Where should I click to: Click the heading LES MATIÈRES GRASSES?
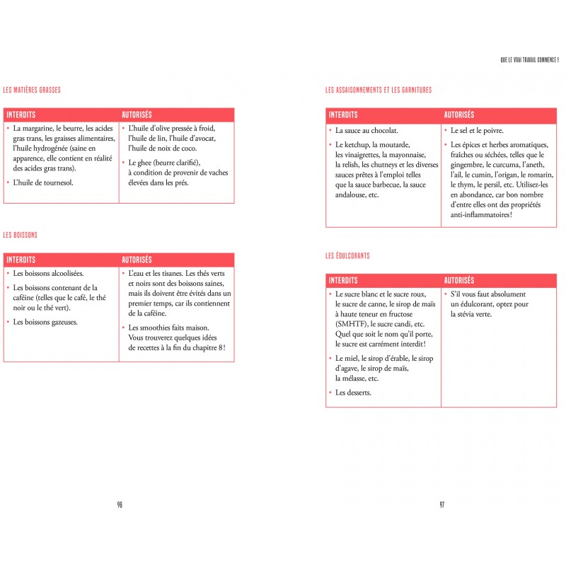click(x=32, y=90)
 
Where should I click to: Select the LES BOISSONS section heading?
click(x=21, y=234)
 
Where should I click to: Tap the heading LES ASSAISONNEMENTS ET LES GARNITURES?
click(x=379, y=90)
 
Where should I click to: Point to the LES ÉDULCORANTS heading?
click(x=347, y=255)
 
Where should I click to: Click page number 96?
click(x=120, y=504)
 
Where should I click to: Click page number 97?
click(x=441, y=504)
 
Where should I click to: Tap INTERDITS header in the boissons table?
click(x=21, y=260)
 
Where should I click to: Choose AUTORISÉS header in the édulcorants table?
click(x=459, y=281)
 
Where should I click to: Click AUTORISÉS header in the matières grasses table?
click(x=137, y=115)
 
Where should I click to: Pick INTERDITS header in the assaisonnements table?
click(x=343, y=115)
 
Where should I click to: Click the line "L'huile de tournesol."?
click(x=43, y=183)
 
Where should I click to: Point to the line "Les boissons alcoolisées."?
click(x=48, y=273)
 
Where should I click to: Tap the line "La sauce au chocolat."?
click(x=366, y=130)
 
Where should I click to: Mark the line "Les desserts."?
click(x=353, y=393)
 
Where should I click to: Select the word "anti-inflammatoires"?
click(x=481, y=215)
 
